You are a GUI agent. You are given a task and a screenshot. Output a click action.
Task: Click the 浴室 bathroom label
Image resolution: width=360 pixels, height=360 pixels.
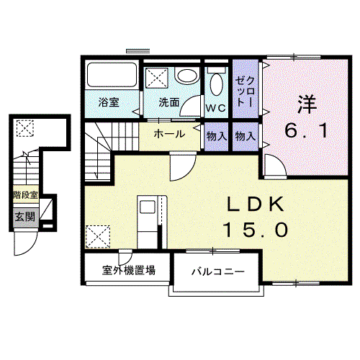tap(109, 102)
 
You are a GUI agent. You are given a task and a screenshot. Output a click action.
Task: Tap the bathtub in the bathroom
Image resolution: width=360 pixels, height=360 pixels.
tap(112, 75)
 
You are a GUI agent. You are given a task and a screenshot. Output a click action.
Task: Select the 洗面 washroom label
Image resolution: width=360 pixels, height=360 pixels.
tap(169, 102)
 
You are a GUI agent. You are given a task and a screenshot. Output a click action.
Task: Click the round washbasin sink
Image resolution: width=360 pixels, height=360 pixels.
tap(187, 76)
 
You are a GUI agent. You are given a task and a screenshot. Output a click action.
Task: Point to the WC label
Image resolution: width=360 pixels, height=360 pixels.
tap(216, 108)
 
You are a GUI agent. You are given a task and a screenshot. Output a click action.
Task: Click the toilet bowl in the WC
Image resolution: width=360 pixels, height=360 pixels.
tap(216, 84)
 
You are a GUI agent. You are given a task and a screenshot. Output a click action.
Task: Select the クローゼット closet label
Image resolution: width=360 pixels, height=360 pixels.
tap(246, 91)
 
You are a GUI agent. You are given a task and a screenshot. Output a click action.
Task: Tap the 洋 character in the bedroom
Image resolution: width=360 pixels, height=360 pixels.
tap(307, 105)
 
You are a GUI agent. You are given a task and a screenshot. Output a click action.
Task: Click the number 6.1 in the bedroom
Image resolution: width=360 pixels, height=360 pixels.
tap(307, 131)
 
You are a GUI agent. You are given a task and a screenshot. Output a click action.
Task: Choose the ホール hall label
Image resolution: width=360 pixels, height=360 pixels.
tap(169, 134)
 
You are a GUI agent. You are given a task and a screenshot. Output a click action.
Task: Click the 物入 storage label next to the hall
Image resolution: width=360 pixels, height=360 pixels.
tap(217, 136)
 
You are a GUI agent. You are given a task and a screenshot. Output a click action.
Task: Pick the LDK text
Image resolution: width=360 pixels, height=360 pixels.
tap(256, 204)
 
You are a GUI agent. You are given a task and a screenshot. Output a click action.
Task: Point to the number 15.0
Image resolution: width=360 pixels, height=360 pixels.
tap(256, 230)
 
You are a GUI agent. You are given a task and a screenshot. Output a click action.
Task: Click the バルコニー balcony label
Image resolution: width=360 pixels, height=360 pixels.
tap(217, 272)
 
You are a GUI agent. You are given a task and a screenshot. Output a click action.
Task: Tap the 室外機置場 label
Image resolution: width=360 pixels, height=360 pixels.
tap(129, 270)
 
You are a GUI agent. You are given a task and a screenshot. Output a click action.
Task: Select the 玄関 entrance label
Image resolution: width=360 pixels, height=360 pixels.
tap(25, 217)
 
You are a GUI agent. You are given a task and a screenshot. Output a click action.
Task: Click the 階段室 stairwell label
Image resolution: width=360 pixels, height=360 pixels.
tap(25, 194)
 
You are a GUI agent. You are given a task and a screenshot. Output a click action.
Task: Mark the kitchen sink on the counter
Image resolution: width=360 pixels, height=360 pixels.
tap(147, 207)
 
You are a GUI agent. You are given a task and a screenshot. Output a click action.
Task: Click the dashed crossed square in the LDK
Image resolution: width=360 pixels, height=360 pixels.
tap(98, 237)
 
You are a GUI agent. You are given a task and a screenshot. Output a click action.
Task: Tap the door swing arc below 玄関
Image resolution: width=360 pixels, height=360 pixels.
tap(31, 250)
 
